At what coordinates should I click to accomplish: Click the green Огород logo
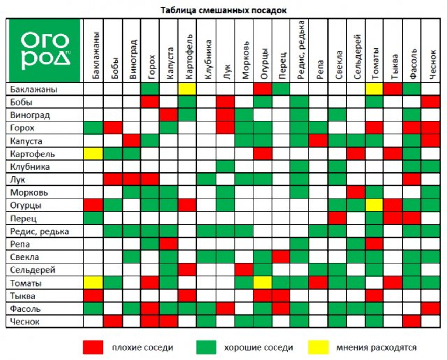point(44,50)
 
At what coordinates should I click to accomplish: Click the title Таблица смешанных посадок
point(223,10)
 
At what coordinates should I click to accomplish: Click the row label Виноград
point(30,115)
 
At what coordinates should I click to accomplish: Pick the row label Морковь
point(29,192)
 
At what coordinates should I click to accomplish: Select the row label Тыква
point(23,296)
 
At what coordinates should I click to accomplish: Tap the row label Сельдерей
point(33,270)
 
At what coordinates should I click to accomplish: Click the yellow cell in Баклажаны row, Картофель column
point(187,89)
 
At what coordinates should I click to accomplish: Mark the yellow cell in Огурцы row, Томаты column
point(375,205)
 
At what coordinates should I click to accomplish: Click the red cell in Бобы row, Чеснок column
point(431,102)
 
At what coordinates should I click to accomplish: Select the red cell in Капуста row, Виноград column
point(132,141)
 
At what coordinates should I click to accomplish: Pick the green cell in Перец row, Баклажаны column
point(93,218)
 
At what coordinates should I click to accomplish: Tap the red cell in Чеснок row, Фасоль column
point(412,322)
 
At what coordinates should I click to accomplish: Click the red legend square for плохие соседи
point(93,347)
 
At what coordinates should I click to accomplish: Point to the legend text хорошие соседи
point(258,348)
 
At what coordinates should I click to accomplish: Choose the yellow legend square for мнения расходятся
point(318,347)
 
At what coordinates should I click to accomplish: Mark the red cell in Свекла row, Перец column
point(281,257)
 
